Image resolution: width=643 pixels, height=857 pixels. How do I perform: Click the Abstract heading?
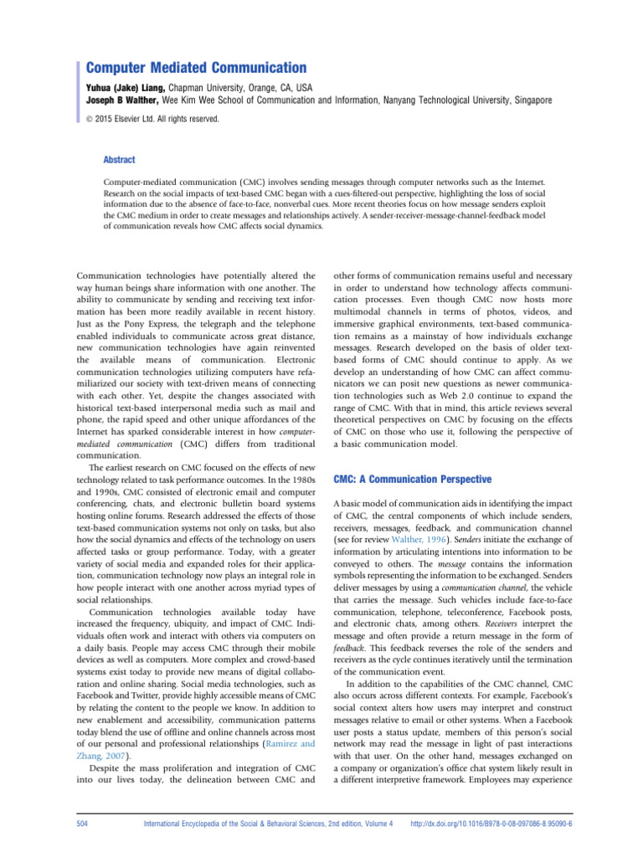118,159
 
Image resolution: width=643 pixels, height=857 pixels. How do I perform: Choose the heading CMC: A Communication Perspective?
412,480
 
